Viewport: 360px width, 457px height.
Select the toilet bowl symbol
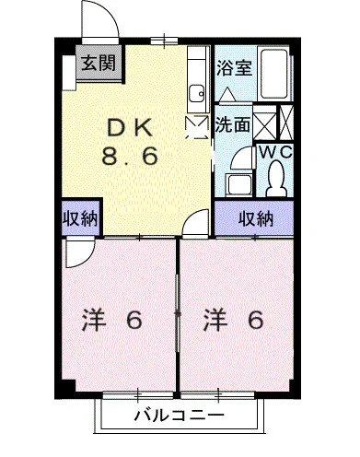275,180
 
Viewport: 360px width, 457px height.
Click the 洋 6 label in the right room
234,322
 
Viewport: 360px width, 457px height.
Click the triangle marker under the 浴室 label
227,93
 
